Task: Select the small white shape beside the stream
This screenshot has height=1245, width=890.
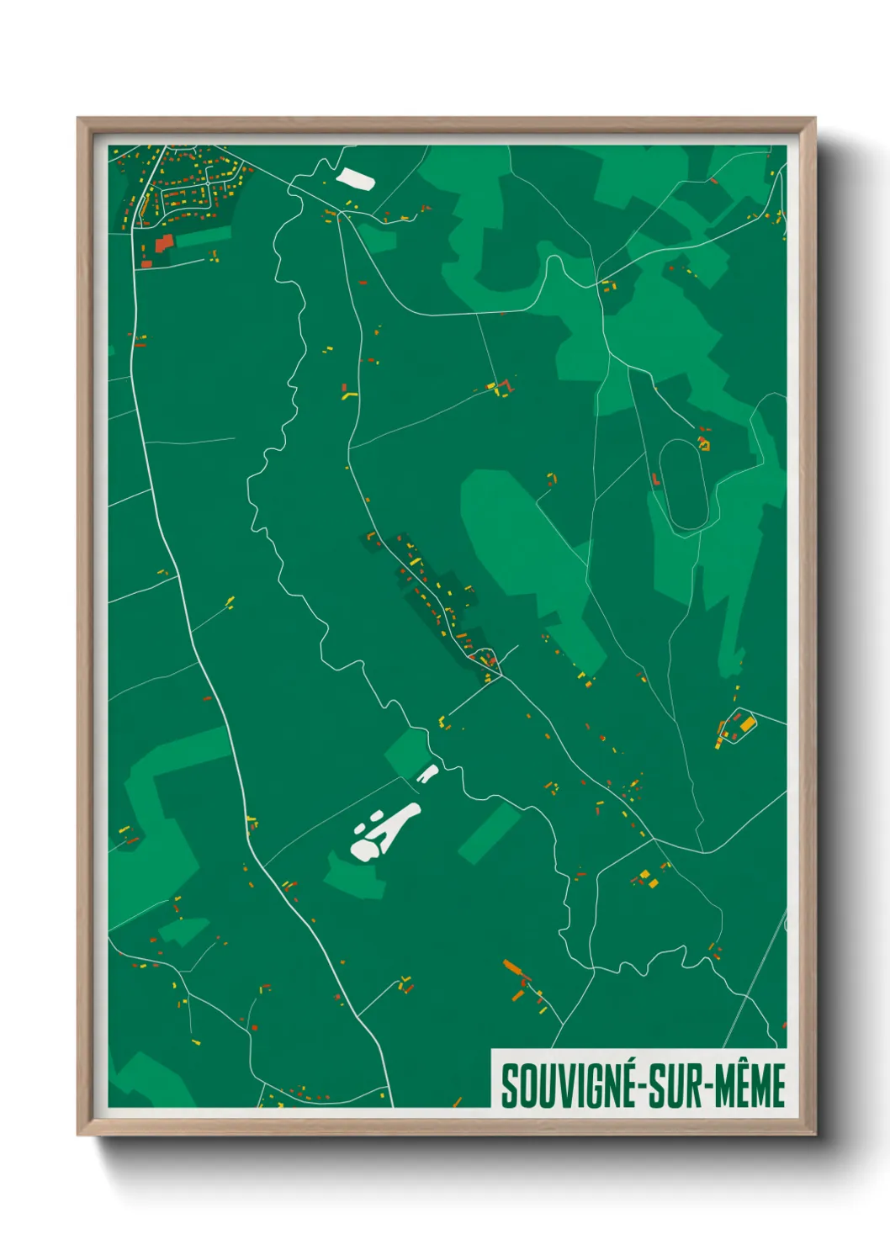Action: click(x=427, y=774)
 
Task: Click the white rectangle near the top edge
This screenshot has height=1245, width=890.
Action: click(x=354, y=179)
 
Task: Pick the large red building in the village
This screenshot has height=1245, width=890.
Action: click(x=163, y=243)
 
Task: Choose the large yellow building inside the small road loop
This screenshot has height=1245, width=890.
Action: click(x=745, y=723)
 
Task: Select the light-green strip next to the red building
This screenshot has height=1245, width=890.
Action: click(x=202, y=237)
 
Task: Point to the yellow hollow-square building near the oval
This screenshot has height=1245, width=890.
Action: click(x=704, y=442)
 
